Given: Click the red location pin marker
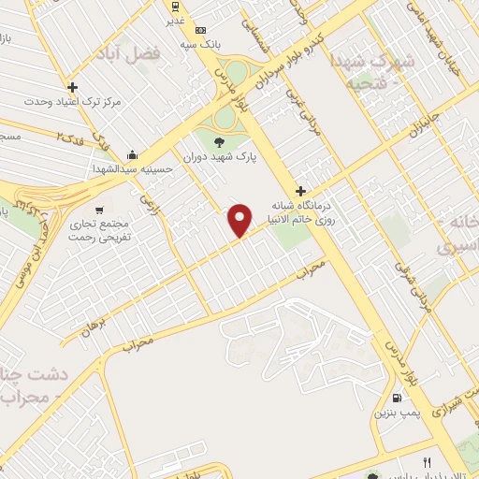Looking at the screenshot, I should click(240, 220).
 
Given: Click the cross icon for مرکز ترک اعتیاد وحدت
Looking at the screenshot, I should click(72, 87).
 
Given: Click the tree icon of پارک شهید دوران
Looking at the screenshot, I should click(218, 142).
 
